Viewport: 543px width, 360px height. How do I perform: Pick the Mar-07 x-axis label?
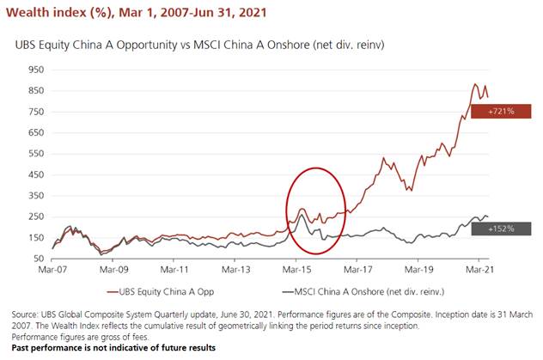53,268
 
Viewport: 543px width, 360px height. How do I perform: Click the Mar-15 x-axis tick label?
296,268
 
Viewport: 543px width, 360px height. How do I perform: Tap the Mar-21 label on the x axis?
478,268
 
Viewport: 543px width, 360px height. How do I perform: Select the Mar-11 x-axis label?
174,268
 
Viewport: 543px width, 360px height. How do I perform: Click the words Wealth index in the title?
47,13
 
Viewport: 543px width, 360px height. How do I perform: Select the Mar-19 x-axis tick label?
418,268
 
